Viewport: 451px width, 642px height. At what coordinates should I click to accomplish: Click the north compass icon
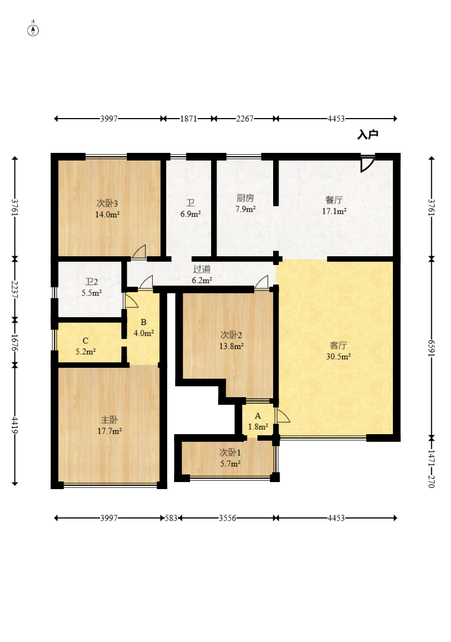(x=33, y=29)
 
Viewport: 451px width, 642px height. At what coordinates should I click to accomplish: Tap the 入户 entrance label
(x=368, y=135)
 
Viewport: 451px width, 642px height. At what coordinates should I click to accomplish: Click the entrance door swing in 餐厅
(x=367, y=163)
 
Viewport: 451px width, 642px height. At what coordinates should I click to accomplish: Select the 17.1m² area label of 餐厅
(x=335, y=211)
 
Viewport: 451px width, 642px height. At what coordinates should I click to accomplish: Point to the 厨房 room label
(x=245, y=198)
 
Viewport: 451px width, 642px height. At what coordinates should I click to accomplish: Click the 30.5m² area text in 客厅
(x=338, y=356)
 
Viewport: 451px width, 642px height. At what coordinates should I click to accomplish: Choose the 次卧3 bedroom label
(x=107, y=203)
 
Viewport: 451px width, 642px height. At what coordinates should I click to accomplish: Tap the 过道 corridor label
(x=202, y=269)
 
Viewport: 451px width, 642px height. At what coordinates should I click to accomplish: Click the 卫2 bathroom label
(x=92, y=282)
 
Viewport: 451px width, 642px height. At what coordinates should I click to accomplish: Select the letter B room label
(x=143, y=322)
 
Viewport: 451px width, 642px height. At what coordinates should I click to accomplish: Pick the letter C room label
(x=85, y=341)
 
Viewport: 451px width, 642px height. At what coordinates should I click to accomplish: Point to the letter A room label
(x=258, y=416)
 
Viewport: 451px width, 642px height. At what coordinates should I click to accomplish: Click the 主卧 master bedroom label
(x=109, y=419)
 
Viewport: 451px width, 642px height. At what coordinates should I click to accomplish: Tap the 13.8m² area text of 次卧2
(x=232, y=347)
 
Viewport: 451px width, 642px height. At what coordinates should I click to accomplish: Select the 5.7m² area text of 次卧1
(x=230, y=464)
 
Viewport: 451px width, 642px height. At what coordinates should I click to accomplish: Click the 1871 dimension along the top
(x=189, y=119)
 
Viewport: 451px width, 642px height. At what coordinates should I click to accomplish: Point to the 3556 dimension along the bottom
(x=227, y=518)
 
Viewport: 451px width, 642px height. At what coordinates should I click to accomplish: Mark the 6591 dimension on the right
(x=431, y=348)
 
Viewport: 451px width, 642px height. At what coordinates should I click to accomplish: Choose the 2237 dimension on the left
(x=15, y=289)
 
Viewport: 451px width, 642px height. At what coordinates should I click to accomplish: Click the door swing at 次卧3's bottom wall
(x=139, y=252)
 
